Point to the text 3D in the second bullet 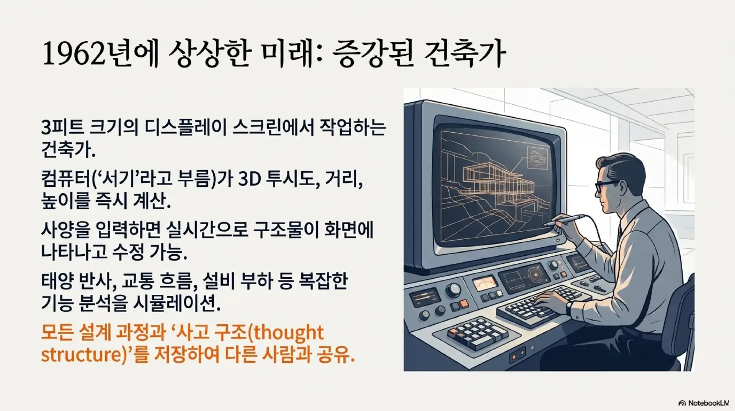[249, 179]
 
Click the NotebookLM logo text [708, 403]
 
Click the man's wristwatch [569, 307]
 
